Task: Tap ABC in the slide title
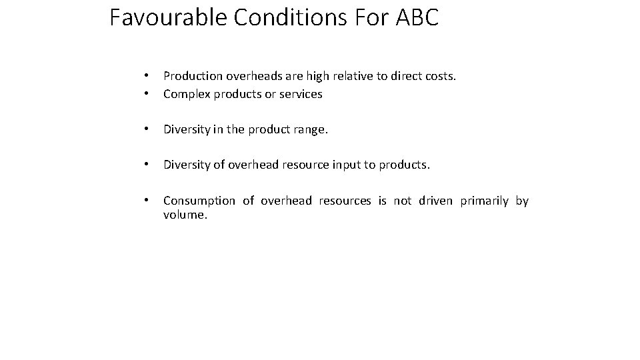click(417, 17)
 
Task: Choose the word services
click(301, 94)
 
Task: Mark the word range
click(309, 130)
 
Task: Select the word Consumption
click(199, 201)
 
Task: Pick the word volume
click(185, 216)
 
